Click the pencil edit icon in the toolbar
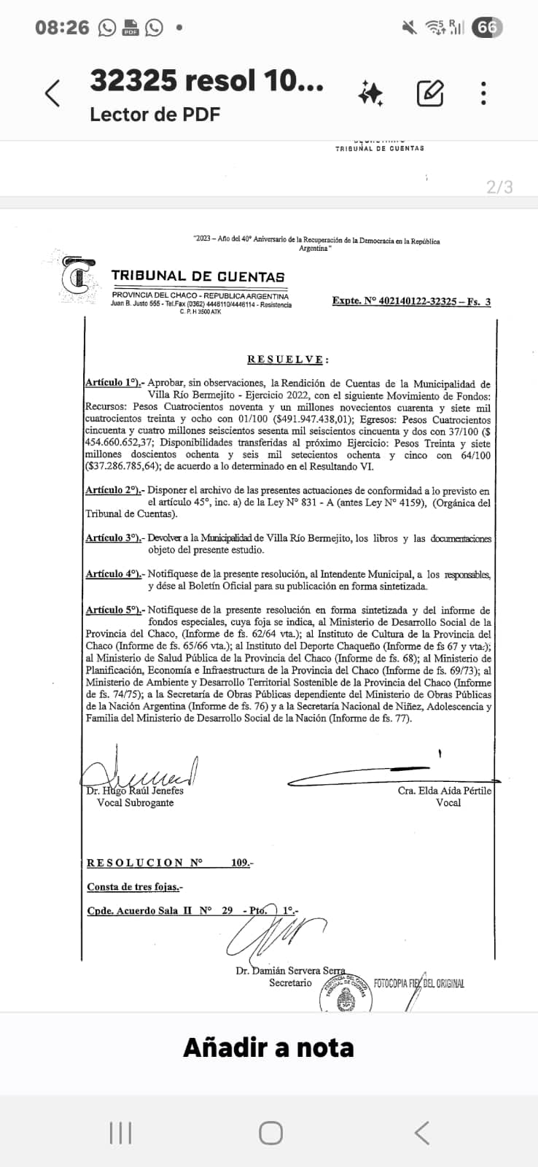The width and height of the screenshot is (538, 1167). click(x=430, y=93)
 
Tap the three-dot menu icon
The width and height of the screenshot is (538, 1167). click(x=483, y=93)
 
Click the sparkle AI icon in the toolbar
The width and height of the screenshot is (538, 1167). click(x=370, y=93)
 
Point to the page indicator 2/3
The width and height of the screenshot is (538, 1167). click(x=499, y=187)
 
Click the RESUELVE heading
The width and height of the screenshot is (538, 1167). click(x=288, y=360)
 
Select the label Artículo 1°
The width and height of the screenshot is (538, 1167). click(x=114, y=383)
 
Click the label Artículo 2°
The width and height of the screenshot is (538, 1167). click(x=114, y=491)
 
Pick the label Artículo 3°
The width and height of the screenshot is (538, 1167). click(x=114, y=538)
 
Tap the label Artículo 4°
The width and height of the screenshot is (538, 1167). click(x=114, y=574)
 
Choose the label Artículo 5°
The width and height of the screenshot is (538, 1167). click(x=114, y=610)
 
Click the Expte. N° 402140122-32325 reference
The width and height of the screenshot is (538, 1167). click(x=411, y=301)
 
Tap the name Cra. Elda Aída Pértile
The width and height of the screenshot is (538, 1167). click(x=445, y=791)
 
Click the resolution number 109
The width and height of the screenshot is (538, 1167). click(x=241, y=863)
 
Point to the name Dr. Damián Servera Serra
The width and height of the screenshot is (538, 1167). click(x=290, y=971)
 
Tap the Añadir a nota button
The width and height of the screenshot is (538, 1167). click(x=268, y=1047)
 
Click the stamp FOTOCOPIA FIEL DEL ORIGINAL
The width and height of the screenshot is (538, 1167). click(x=418, y=983)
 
